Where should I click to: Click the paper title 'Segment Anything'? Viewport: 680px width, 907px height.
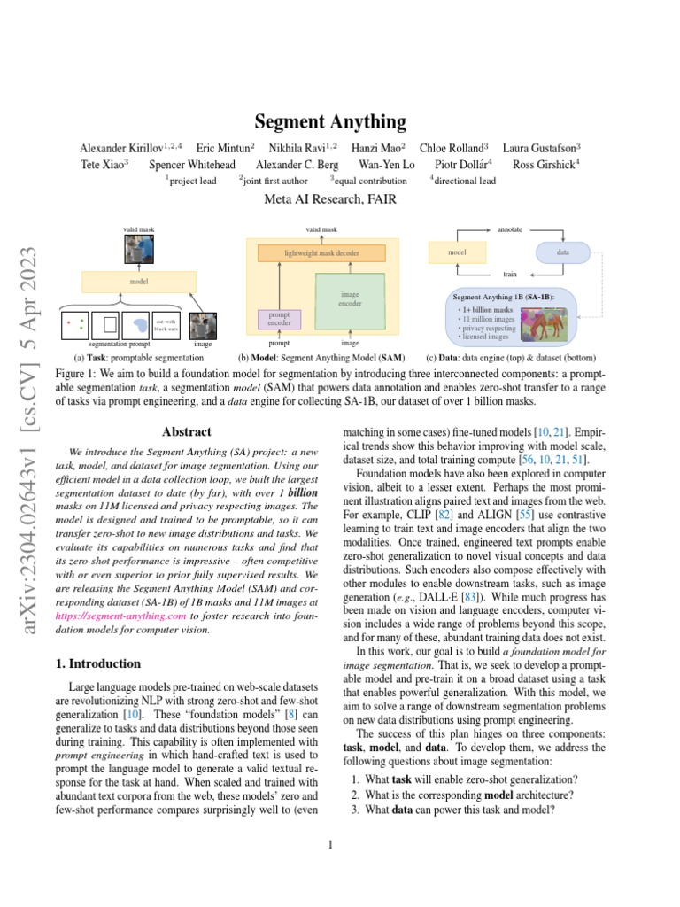pyautogui.click(x=330, y=121)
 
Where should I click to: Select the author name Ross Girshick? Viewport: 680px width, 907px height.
pyautogui.click(x=548, y=164)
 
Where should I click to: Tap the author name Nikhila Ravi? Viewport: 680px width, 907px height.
pyautogui.click(x=297, y=148)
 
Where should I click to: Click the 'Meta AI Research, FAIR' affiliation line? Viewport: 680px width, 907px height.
pyautogui.click(x=329, y=199)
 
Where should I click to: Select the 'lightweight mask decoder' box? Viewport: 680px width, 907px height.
pyautogui.click(x=321, y=253)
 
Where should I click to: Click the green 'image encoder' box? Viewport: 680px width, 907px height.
pyautogui.click(x=350, y=299)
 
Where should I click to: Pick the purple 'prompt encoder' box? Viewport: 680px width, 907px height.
pyautogui.click(x=279, y=319)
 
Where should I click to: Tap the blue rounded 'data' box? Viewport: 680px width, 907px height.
pyautogui.click(x=562, y=252)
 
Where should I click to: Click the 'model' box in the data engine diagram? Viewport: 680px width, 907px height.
pyautogui.click(x=458, y=252)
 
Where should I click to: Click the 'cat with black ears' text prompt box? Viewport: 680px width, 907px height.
pyautogui.click(x=166, y=325)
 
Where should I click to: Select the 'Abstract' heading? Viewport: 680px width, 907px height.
pyautogui.click(x=187, y=432)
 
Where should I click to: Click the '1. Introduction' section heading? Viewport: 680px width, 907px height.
pyautogui.click(x=98, y=663)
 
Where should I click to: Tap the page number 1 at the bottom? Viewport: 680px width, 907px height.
pyautogui.click(x=329, y=844)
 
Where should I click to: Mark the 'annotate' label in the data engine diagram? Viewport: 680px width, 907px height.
pyautogui.click(x=510, y=229)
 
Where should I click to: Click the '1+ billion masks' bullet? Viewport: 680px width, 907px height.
pyautogui.click(x=485, y=309)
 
